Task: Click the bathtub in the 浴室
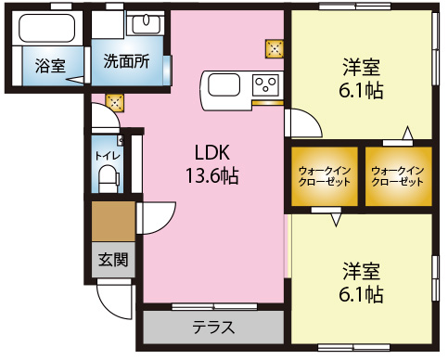47,28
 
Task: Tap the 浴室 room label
50,66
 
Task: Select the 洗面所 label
127,61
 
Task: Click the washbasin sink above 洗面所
146,23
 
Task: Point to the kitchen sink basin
224,84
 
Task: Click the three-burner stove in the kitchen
266,84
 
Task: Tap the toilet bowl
108,179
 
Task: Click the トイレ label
108,155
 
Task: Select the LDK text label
212,152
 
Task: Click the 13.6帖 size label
212,175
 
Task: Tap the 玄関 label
113,259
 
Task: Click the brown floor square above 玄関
114,222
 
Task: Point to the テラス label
213,327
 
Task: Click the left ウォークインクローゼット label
325,176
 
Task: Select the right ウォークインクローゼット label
398,176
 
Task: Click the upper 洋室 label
361,67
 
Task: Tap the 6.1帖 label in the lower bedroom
361,294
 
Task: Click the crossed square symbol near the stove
275,49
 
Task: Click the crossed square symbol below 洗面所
115,103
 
